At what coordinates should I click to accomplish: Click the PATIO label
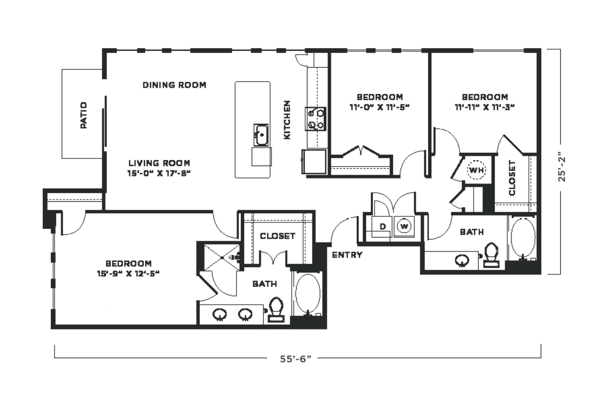(x=84, y=115)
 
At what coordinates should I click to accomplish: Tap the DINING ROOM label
(x=174, y=85)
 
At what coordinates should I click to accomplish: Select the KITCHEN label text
(x=287, y=120)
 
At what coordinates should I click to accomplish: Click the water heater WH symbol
(x=476, y=170)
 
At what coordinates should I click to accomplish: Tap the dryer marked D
(x=382, y=227)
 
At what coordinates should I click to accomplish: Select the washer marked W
(x=404, y=226)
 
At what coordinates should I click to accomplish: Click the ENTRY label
(x=348, y=255)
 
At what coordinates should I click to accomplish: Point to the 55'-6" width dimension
(x=296, y=359)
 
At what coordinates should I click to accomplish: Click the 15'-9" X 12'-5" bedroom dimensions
(x=128, y=274)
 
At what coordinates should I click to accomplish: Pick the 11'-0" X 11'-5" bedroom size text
(x=379, y=107)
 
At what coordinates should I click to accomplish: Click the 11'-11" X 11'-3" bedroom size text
(x=485, y=107)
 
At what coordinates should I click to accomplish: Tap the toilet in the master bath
(x=276, y=310)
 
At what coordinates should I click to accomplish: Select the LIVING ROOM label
(x=160, y=163)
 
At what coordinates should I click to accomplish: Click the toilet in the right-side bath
(x=491, y=255)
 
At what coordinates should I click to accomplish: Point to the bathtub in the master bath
(x=308, y=294)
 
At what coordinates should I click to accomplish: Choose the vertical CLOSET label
(x=512, y=178)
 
